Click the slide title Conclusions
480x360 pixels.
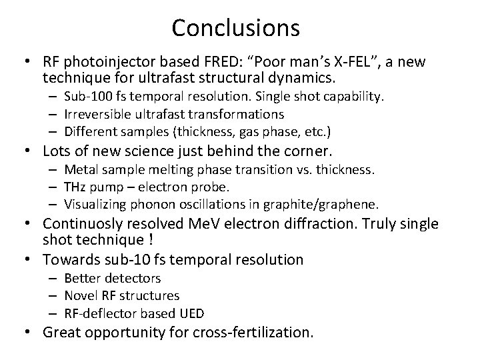point(235,27)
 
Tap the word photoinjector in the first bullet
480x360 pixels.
point(101,62)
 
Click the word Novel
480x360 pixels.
point(81,295)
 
